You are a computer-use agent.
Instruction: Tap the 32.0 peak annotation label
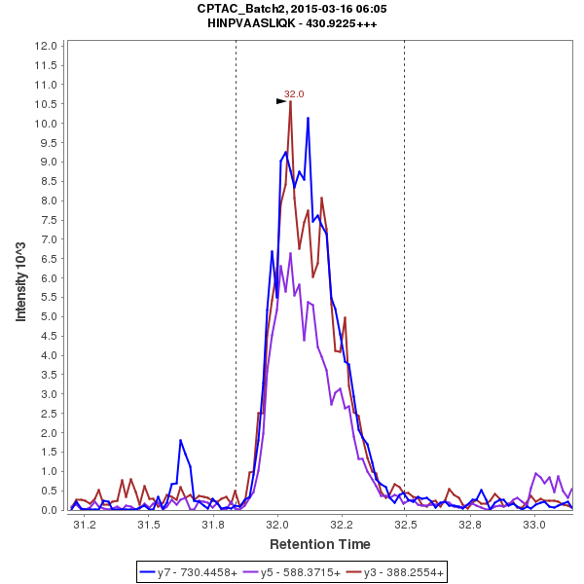click(x=294, y=94)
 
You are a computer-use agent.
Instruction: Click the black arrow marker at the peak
click(x=281, y=100)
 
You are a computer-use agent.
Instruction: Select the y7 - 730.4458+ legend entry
click(x=196, y=573)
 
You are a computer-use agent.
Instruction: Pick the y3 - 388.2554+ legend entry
click(x=399, y=573)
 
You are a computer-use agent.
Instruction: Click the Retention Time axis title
click(x=319, y=544)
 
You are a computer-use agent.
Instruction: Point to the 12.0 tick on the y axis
click(x=44, y=46)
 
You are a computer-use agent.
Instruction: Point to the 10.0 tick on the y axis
click(x=44, y=124)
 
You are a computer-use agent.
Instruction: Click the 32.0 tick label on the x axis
click(x=278, y=525)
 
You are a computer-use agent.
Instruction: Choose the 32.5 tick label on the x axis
click(x=404, y=525)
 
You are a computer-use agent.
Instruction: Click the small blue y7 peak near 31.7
click(x=180, y=441)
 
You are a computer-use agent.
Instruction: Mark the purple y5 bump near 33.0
click(x=537, y=474)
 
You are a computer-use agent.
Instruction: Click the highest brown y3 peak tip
click(x=290, y=102)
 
